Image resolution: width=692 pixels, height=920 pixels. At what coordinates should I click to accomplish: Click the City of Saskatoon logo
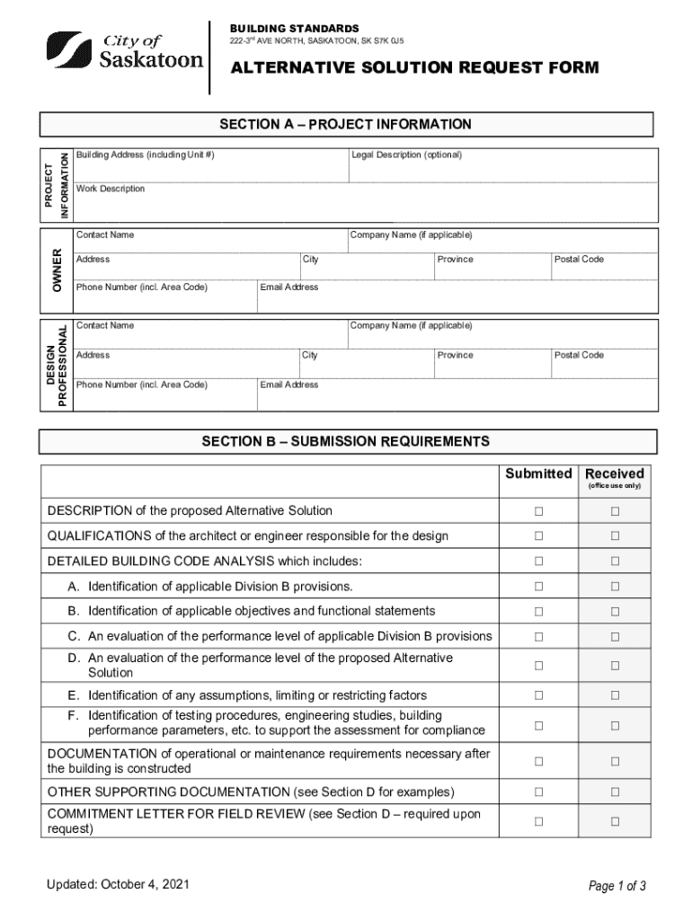(x=124, y=51)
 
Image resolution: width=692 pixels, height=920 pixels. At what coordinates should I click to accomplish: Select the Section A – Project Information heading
(x=346, y=125)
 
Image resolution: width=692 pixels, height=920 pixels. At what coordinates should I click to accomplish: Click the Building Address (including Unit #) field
(x=210, y=168)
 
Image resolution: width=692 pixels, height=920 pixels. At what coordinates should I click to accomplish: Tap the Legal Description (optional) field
(x=501, y=168)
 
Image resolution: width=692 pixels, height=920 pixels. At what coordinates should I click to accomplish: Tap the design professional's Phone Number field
(x=164, y=394)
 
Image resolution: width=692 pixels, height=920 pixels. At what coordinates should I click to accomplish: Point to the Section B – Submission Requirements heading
(x=346, y=442)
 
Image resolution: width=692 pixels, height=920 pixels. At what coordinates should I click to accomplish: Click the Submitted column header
(x=538, y=473)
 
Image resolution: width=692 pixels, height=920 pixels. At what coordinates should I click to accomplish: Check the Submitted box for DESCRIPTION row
(x=538, y=511)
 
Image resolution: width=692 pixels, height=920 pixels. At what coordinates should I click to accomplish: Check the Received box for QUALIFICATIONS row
(x=616, y=536)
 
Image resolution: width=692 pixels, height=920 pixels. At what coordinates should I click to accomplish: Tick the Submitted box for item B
(x=538, y=611)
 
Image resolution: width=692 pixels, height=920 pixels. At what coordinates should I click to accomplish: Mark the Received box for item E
(x=616, y=695)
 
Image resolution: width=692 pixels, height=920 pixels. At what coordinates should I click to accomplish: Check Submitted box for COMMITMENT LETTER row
(x=538, y=821)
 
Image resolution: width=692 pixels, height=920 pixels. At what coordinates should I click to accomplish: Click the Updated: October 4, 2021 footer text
(x=119, y=885)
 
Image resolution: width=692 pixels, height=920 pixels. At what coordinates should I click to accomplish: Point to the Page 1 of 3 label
(x=617, y=887)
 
